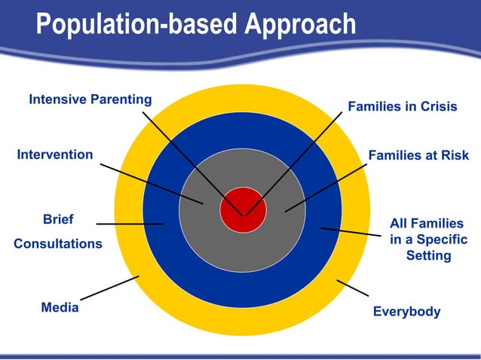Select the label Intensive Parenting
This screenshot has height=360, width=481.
pyautogui.click(x=90, y=99)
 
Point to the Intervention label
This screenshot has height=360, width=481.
pyautogui.click(x=55, y=155)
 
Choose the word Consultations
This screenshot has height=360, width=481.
pyautogui.click(x=58, y=244)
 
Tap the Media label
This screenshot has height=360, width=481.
pyautogui.click(x=60, y=307)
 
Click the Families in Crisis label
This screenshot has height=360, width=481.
pyautogui.click(x=402, y=107)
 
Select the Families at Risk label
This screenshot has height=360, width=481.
pyautogui.click(x=418, y=156)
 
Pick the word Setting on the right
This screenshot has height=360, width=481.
pyautogui.click(x=428, y=255)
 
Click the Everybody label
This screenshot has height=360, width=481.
pyautogui.click(x=407, y=312)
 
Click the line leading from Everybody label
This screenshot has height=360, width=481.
pyautogui.click(x=352, y=287)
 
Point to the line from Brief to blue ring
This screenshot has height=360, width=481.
pyautogui.click(x=130, y=224)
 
